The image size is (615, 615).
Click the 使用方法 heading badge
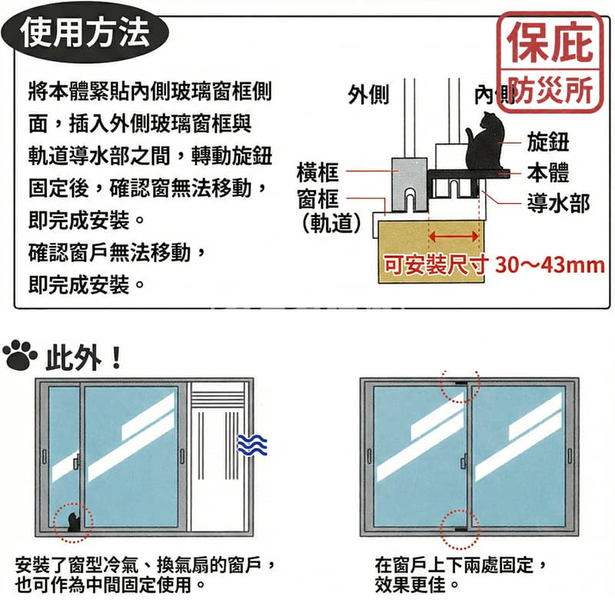[85, 32]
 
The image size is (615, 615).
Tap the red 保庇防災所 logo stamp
[549, 60]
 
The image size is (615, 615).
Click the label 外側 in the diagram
[368, 95]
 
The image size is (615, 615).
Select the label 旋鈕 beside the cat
[548, 141]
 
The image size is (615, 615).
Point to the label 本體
[548, 172]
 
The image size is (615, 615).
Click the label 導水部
[558, 203]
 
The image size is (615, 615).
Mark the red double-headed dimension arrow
[454, 234]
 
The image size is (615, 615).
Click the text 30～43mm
[550, 265]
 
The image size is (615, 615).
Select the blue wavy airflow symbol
[251, 445]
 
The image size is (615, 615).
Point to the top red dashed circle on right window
[460, 384]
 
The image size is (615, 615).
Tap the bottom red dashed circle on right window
[460, 528]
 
